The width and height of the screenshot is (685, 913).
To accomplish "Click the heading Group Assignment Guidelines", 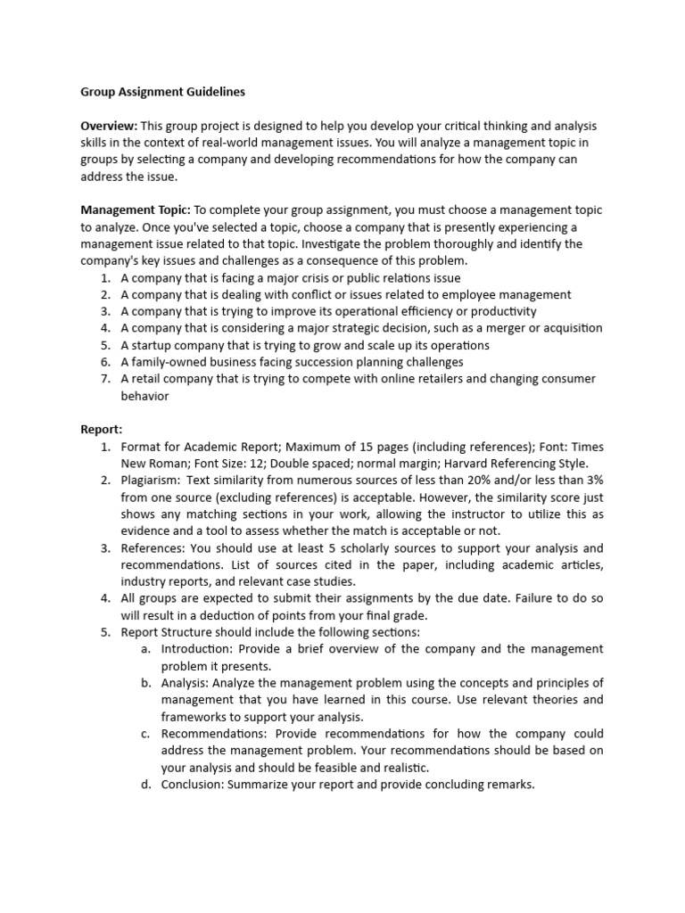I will [x=162, y=92].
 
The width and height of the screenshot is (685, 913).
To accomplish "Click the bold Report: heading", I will [x=102, y=429].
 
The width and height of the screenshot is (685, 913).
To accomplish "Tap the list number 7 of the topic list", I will [x=104, y=379].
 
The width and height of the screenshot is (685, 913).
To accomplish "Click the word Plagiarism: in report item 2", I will [x=152, y=480].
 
